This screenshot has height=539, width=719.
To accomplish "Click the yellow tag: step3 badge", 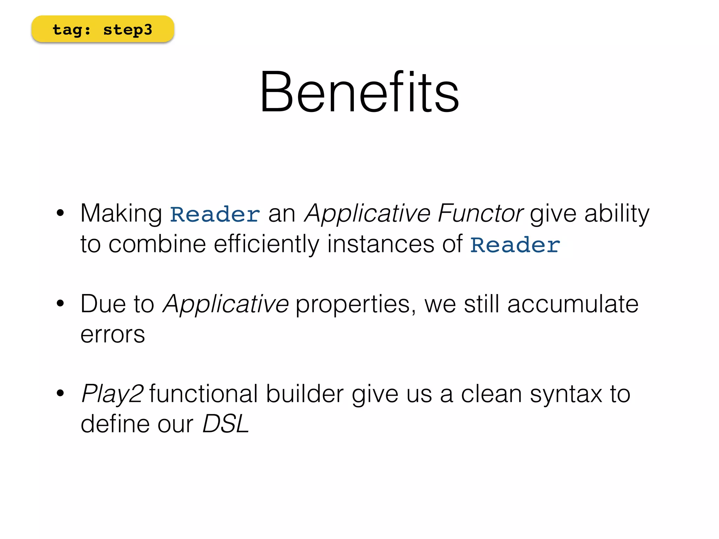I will pos(103,29).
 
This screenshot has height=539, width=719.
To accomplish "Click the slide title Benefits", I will pos(359,92).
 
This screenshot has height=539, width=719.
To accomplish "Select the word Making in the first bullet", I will pos(121,213).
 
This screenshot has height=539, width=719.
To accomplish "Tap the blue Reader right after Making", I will pos(215,214).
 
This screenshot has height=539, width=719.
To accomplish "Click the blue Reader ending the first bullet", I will pos(515,245).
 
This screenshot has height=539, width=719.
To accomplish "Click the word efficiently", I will pos(266,244).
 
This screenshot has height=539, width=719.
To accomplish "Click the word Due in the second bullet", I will pos(103,304).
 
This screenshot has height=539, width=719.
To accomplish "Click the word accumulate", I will pos(573,304).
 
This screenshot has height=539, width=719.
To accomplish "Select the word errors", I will pos(113,334).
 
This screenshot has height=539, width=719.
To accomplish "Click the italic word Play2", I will pos(112,394).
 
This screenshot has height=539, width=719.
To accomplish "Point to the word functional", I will pos(204,393).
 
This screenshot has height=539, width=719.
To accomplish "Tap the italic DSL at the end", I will pos(226,424).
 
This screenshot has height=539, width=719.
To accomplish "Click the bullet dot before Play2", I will pos(60,393).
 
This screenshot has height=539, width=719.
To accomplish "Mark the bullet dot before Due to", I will pos(60,303).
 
